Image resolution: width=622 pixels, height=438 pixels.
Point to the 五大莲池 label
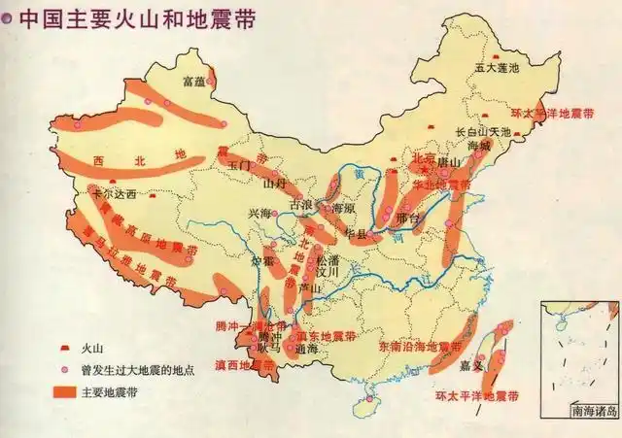497,68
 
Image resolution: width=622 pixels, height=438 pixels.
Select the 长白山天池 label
483,131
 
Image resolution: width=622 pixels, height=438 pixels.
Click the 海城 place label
479,145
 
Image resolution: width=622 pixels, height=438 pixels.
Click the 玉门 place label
240,165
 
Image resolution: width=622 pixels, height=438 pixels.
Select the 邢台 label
410,219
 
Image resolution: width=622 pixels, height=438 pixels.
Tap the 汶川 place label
330,273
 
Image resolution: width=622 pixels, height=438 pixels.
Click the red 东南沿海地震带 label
420,346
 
